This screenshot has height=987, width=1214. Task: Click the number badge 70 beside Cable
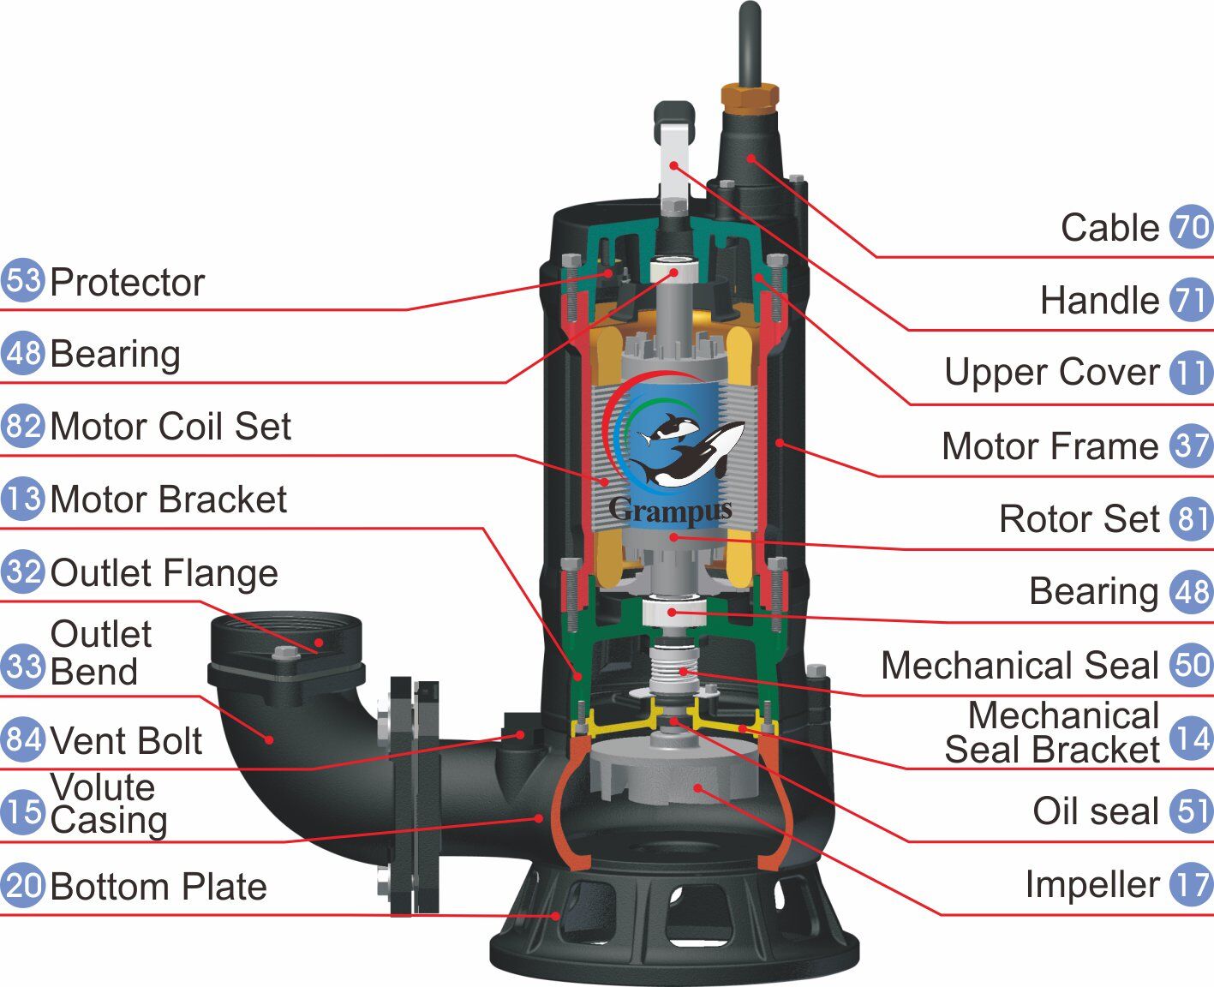pos(1192,228)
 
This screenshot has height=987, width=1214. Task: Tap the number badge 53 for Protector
pos(21,280)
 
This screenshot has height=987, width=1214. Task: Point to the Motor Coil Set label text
pos(170,427)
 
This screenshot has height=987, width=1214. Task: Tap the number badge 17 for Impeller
pos(1192,884)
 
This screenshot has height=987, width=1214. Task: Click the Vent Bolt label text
pos(126,741)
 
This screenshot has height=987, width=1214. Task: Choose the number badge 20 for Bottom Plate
pos(21,885)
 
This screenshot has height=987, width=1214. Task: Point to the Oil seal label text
pos(1095,811)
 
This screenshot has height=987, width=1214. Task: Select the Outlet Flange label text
pos(164,573)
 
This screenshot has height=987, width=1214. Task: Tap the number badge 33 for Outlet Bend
pos(21,665)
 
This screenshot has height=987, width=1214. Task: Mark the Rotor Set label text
pos(1079,519)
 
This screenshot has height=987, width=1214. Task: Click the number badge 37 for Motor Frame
pos(1192,446)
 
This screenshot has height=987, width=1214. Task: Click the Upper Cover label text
pos(1051,373)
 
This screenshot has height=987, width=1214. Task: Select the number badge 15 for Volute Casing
pos(21,811)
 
